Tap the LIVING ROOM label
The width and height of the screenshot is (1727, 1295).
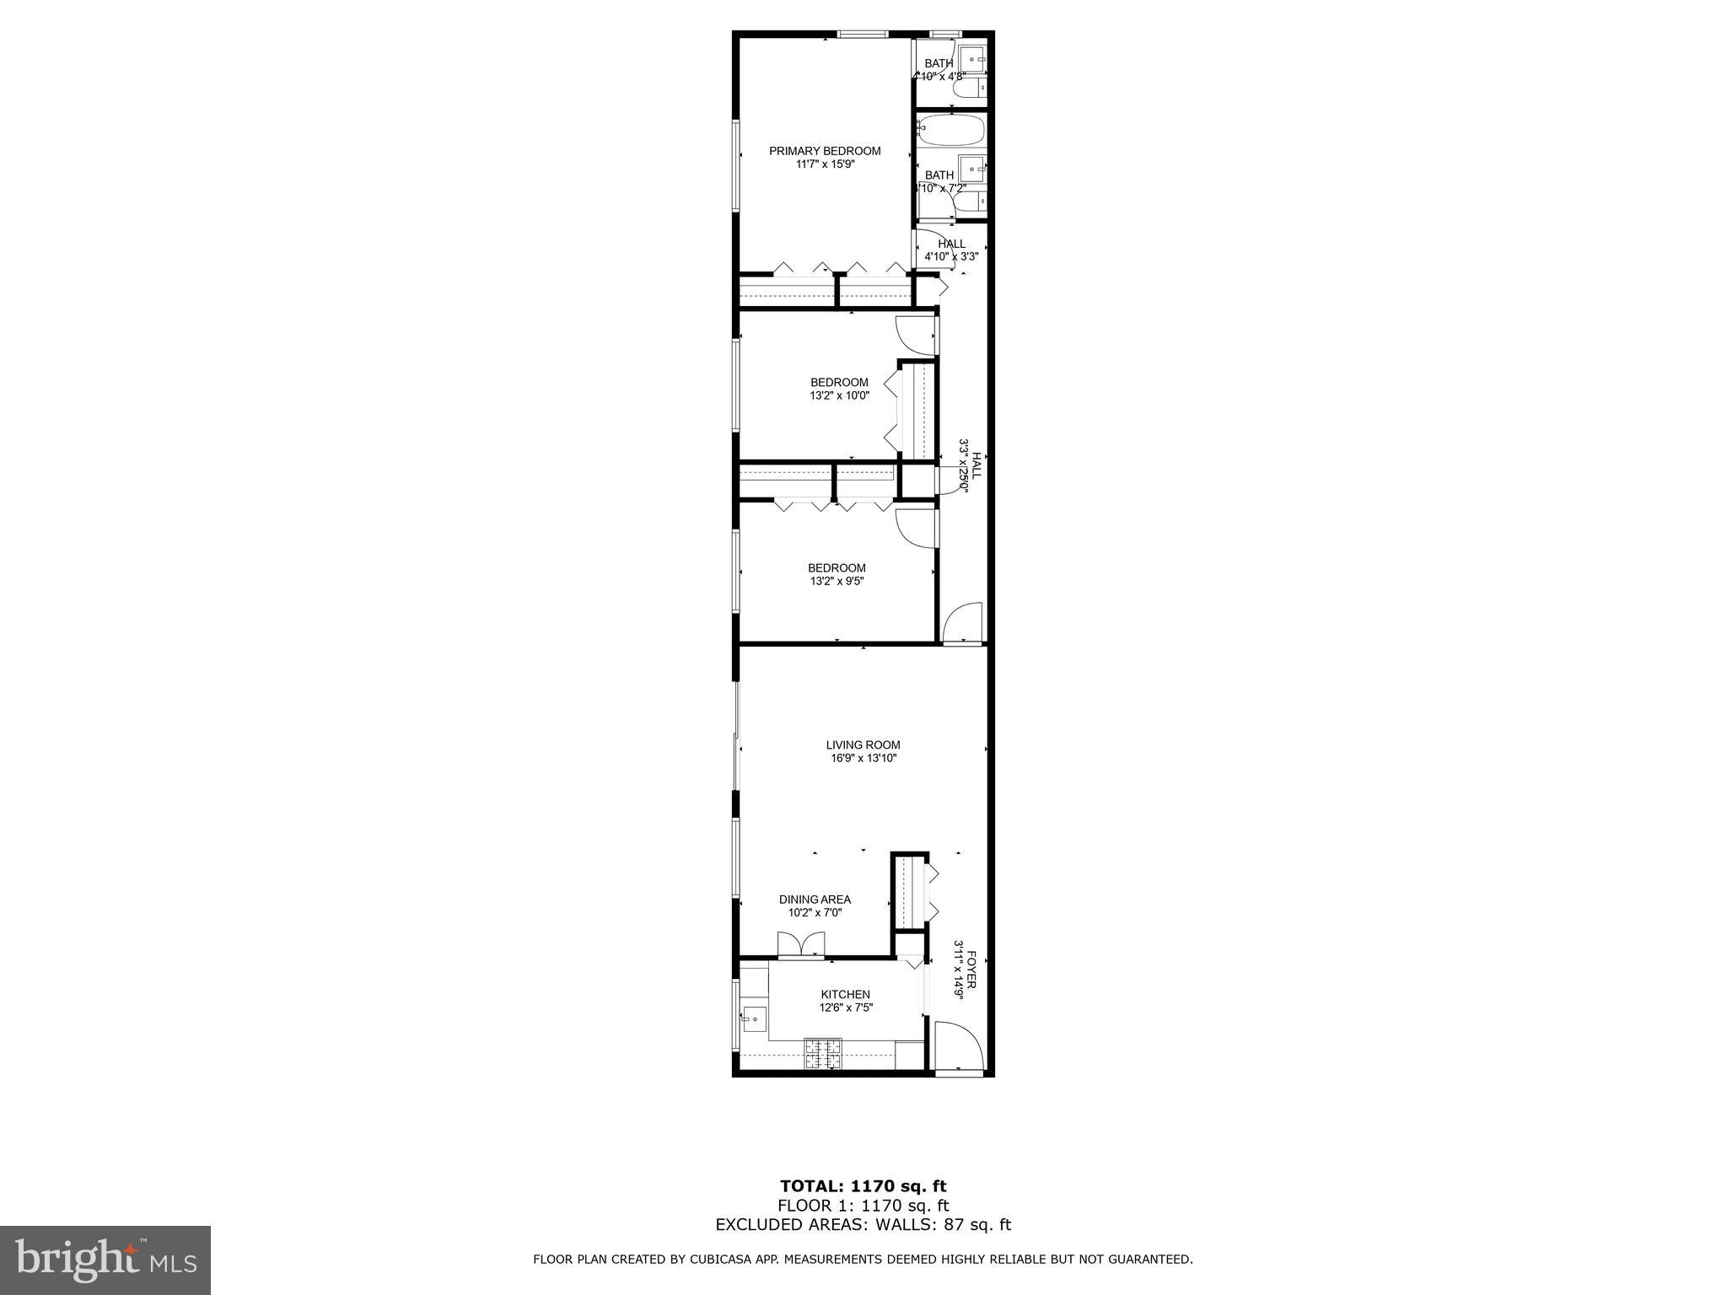pos(863,745)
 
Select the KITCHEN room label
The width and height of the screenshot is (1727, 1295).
pos(845,995)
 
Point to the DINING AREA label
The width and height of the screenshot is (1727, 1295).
pos(815,900)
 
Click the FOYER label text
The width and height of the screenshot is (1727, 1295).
pos(971,970)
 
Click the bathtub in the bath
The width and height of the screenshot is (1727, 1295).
pos(950,131)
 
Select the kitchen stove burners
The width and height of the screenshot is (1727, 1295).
pos(822,1053)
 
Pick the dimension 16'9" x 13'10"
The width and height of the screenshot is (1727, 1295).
pos(863,759)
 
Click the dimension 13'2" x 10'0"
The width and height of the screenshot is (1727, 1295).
pos(839,395)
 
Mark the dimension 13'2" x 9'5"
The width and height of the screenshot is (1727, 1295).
pos(837,582)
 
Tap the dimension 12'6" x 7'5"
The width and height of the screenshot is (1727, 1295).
pos(845,1008)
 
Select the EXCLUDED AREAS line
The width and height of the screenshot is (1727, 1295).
pos(863,1225)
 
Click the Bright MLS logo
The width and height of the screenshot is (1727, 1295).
pos(105,1260)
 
